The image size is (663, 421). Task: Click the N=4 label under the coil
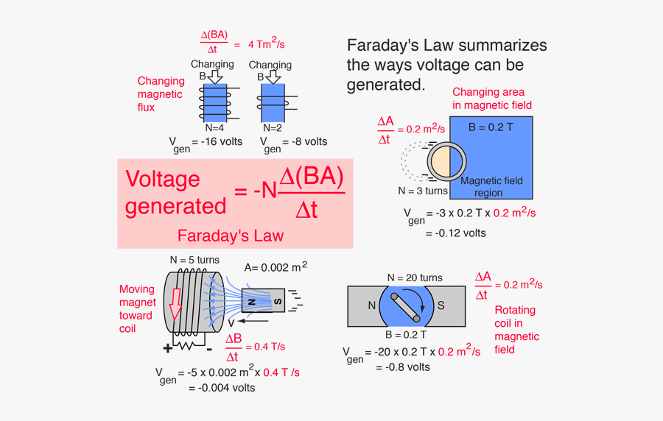coord(214,127)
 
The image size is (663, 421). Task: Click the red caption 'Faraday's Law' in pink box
coord(230,236)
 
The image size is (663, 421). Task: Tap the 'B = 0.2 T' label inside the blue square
coord(491,127)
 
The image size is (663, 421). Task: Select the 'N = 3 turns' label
coord(423,191)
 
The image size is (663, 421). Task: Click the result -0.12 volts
coord(456,233)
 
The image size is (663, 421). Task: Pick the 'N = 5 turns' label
coord(194,260)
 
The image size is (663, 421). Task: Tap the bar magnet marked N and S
coord(262,301)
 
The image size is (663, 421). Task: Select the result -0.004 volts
coord(222,387)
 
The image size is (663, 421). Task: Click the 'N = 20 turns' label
coord(415,277)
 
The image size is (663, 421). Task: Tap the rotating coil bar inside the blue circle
coord(407,307)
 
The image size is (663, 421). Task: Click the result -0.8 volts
coord(403,367)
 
